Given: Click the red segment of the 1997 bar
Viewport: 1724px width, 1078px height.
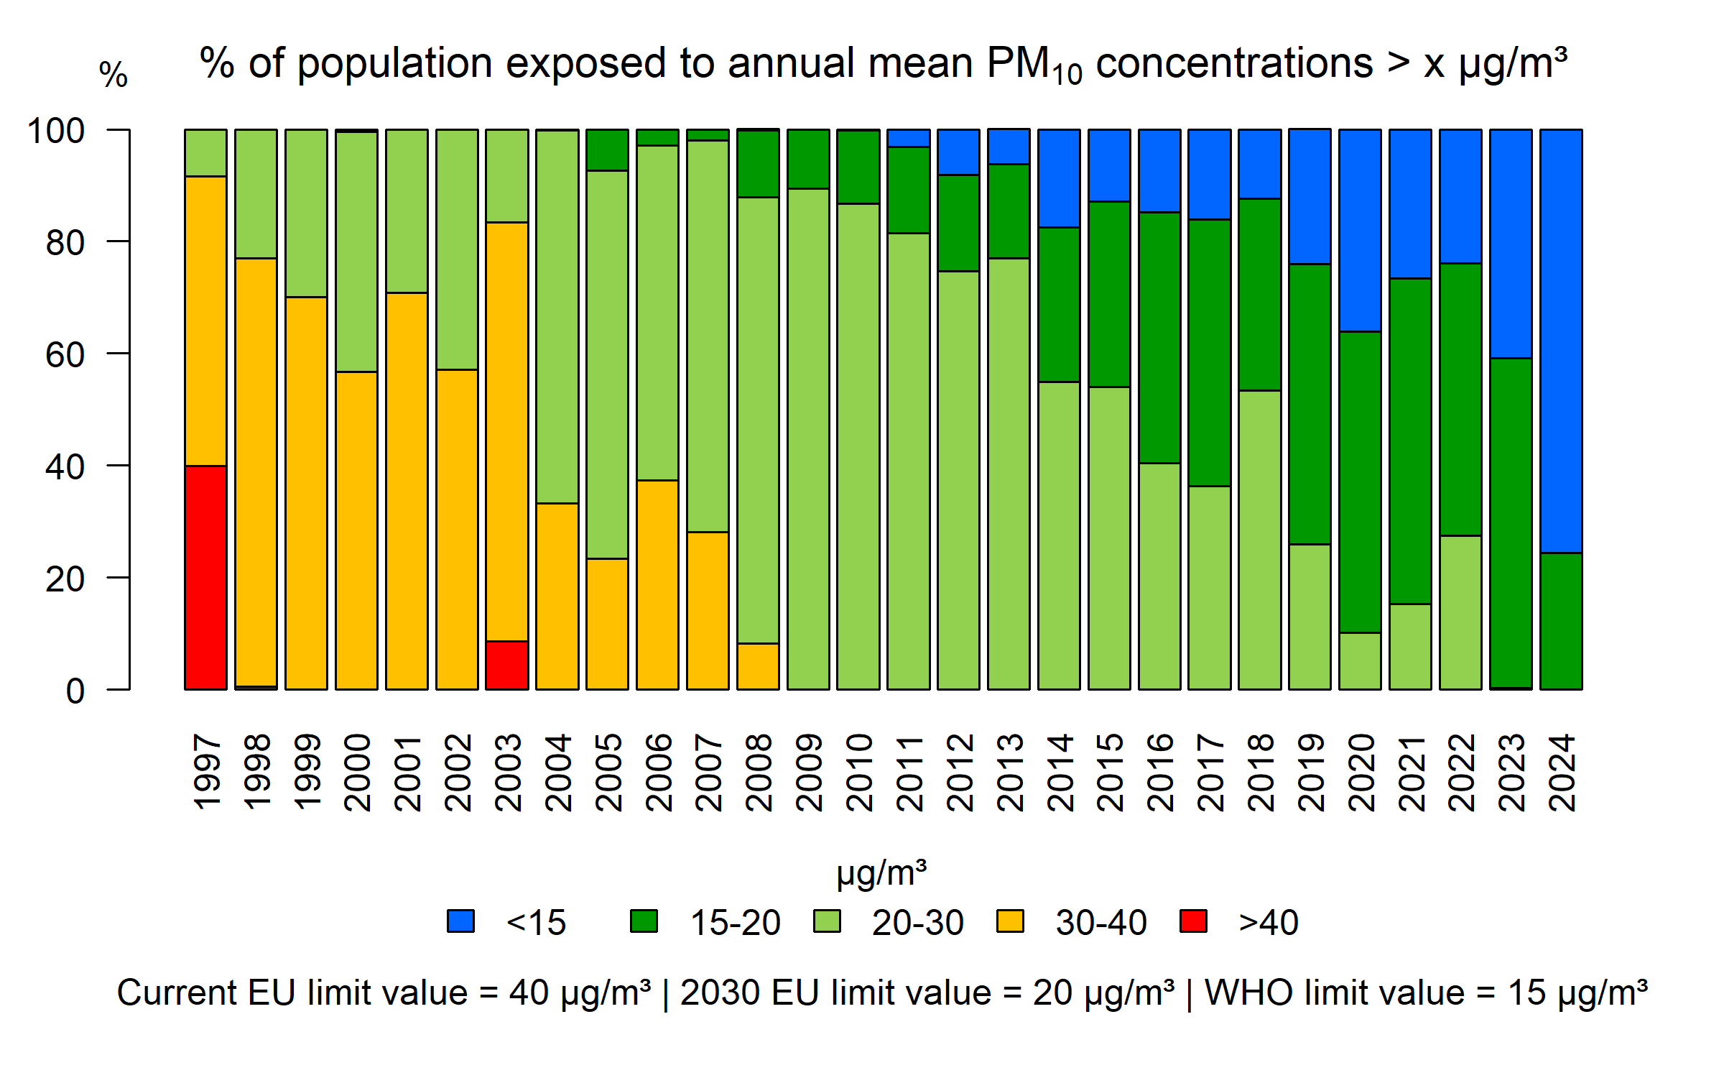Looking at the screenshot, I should point(205,577).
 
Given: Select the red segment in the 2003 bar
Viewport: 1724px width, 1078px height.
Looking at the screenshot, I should point(506,665).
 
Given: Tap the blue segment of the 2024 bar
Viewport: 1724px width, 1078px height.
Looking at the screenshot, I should point(1561,341).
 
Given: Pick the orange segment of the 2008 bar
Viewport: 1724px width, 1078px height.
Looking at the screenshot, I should point(758,666).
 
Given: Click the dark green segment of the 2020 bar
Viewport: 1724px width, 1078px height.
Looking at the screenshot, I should point(1360,482).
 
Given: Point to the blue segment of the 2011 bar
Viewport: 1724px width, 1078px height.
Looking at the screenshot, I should point(908,138).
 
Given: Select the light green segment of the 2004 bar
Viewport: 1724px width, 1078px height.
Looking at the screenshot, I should point(557,316).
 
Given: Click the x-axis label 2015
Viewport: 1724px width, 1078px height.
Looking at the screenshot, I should point(1111,773).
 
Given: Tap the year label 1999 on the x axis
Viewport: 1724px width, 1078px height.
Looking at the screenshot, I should point(307,773).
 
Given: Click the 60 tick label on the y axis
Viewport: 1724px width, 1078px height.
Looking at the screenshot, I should point(65,355).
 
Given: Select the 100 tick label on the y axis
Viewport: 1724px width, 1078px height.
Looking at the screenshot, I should point(56,131).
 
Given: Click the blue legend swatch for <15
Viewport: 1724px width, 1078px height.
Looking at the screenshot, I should point(460,921).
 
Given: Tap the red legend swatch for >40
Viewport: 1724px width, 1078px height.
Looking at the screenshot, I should point(1193,921).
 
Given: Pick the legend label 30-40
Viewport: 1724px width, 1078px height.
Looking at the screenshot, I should point(1100,923).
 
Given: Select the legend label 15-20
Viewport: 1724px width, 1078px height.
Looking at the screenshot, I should point(735,923).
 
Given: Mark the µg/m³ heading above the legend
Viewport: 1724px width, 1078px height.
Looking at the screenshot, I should point(881,874).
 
